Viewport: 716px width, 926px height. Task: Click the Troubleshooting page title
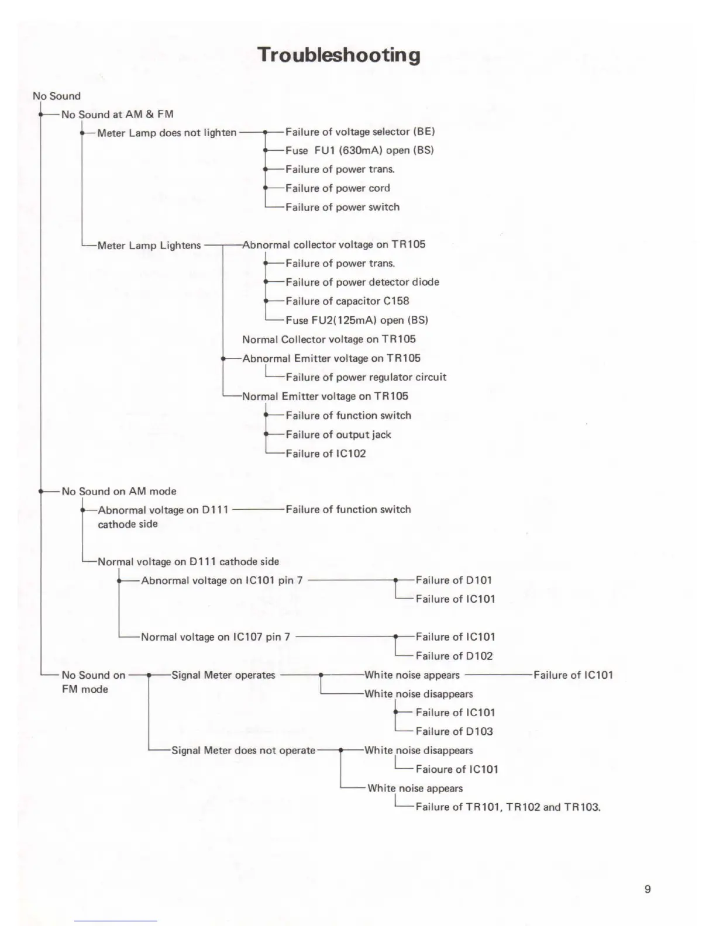pos(339,55)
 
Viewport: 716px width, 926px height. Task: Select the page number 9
pos(647,889)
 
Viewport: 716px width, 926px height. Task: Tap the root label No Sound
pos(57,96)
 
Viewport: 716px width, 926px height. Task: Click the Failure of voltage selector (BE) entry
pos(360,132)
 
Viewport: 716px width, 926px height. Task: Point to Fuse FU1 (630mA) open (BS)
pos(359,150)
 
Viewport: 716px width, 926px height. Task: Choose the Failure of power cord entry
pos(338,188)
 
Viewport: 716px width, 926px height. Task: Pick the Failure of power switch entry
pos(342,207)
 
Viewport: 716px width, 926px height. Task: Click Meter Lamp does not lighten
pos(167,133)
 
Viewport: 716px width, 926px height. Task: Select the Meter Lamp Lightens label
pos(149,246)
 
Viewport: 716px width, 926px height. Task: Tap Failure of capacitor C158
pos(347,301)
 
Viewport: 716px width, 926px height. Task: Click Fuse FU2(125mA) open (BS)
pos(356,320)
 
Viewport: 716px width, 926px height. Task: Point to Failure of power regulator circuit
pos(366,377)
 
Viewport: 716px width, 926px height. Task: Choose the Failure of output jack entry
pos(338,434)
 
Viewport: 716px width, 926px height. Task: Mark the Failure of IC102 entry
pos(325,454)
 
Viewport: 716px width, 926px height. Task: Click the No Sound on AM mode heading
pos(119,492)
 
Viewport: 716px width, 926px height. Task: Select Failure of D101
pos(453,580)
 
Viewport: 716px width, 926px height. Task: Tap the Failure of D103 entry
pos(454,731)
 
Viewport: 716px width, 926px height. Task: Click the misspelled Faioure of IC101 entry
pos(456,769)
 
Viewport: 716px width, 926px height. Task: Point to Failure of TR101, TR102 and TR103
pos(508,807)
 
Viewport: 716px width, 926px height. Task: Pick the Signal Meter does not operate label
pos(243,750)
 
